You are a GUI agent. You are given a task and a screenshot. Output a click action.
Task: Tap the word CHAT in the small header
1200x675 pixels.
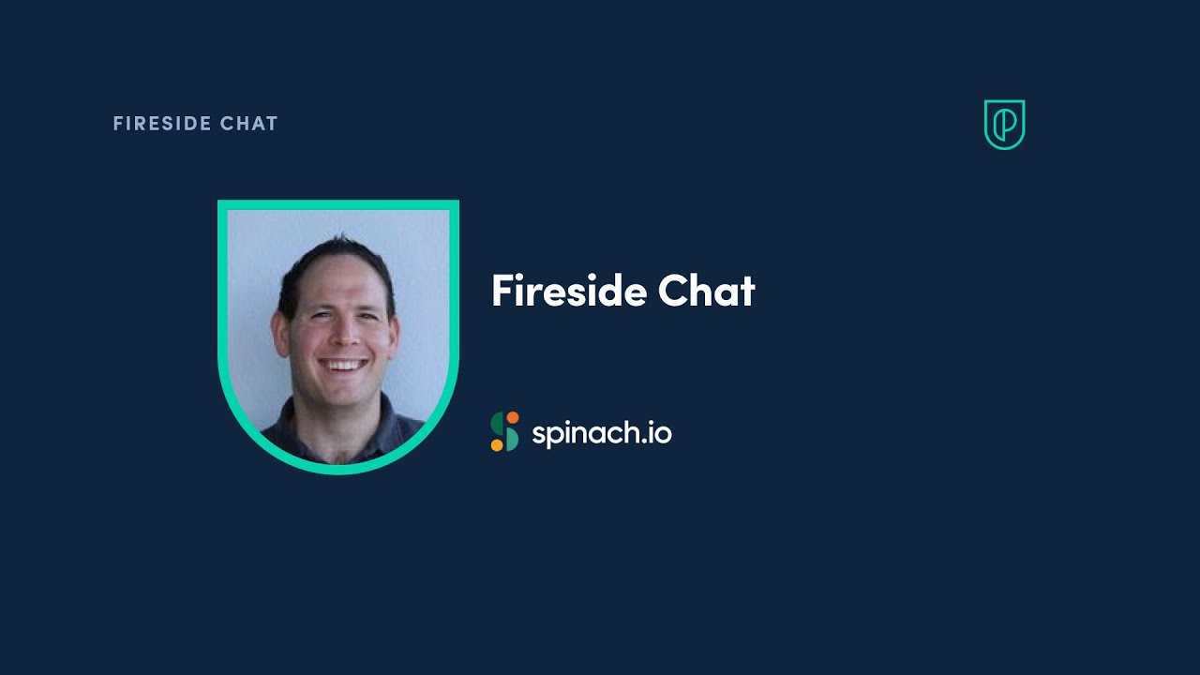click(249, 124)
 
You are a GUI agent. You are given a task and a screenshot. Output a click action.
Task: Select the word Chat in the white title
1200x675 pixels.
click(706, 291)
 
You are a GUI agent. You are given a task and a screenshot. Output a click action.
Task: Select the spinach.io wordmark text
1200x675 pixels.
click(601, 433)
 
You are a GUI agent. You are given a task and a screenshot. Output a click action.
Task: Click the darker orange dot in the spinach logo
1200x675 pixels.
click(512, 417)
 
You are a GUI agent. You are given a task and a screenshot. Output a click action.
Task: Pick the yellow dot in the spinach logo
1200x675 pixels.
click(497, 445)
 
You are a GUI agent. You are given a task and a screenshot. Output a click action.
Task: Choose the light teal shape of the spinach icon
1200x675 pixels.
click(511, 439)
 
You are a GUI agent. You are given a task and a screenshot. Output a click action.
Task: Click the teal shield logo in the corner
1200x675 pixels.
click(1004, 124)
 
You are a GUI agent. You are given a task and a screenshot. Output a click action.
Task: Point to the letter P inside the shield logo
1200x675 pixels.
click(1005, 126)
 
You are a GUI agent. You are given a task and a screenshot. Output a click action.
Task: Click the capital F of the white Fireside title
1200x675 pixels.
click(502, 291)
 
